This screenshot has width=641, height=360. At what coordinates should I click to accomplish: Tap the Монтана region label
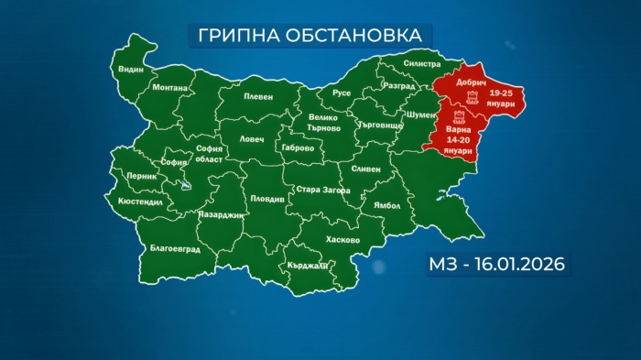170,88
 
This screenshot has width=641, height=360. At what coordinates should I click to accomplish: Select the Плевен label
259,96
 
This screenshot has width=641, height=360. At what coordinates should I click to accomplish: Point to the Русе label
342,93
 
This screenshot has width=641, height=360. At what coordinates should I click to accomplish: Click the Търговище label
377,124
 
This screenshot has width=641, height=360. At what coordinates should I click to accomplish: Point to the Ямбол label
375,206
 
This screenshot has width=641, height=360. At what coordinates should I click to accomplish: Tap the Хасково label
342,240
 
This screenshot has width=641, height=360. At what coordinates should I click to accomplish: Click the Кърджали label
306,265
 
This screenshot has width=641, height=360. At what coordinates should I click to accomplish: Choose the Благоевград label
174,249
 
